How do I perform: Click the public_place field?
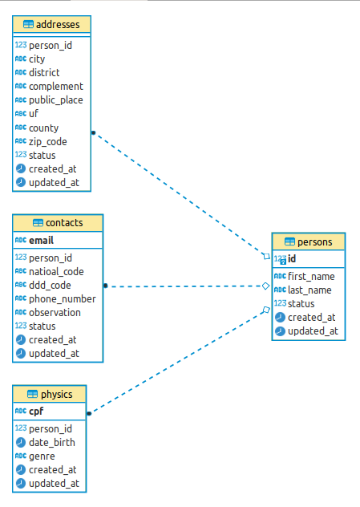[x=55, y=100]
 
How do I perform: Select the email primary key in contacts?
[x=42, y=240]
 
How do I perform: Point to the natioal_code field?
[x=56, y=271]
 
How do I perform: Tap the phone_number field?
[x=62, y=298]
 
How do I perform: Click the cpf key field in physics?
[x=36, y=412]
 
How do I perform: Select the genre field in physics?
[x=42, y=456]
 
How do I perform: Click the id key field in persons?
[x=292, y=259]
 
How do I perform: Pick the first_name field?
[x=311, y=276]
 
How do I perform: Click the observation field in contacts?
[x=55, y=312]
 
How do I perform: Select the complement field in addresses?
[x=55, y=87]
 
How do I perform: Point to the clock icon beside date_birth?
[x=21, y=442]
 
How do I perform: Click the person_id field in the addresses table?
[x=51, y=46]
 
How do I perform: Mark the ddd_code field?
[x=50, y=285]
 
